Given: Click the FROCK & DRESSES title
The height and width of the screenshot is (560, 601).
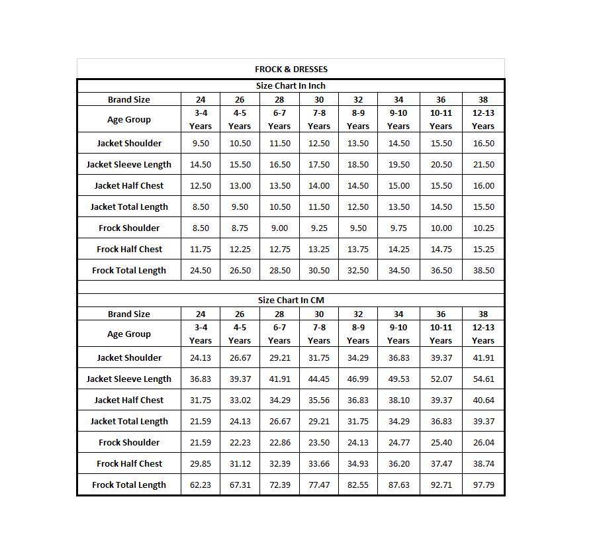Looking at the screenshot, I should tap(291, 69).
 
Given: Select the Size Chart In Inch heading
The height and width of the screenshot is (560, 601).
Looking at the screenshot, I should tap(291, 85).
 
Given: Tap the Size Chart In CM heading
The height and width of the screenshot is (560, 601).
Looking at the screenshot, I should tap(291, 300).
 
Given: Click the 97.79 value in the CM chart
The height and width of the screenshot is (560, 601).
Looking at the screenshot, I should tap(483, 485).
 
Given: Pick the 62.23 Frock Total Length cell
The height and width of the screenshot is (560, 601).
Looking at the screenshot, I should tap(201, 485).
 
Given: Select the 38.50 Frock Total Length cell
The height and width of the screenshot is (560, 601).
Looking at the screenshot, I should tap(483, 270).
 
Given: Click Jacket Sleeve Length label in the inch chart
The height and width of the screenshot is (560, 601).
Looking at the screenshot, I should tap(129, 164).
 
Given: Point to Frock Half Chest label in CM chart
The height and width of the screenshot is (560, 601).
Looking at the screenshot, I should tap(129, 463).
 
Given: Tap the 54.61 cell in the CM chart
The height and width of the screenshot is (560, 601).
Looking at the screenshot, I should tap(483, 379).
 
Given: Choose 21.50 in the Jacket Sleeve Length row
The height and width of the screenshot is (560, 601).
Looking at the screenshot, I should tap(483, 164).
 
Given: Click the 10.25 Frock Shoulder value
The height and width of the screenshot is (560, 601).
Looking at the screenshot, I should tap(483, 228).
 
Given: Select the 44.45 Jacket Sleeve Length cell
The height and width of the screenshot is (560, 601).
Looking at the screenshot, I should tap(319, 379).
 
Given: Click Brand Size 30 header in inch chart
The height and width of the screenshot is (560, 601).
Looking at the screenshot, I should tap(319, 99).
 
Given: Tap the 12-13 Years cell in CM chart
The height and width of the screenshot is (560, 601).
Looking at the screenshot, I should tap(483, 334).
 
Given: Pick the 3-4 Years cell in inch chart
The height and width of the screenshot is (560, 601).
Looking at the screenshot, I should tap(201, 119).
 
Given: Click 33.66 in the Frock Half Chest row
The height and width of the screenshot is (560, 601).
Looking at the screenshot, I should tap(319, 463).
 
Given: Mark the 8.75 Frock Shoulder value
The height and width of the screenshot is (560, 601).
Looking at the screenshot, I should tap(240, 228).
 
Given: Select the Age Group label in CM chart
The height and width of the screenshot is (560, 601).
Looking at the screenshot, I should tap(129, 334).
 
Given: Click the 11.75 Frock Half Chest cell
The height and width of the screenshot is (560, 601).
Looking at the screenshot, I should tap(201, 249).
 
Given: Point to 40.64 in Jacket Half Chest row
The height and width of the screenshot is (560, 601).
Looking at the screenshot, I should tap(483, 400).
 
